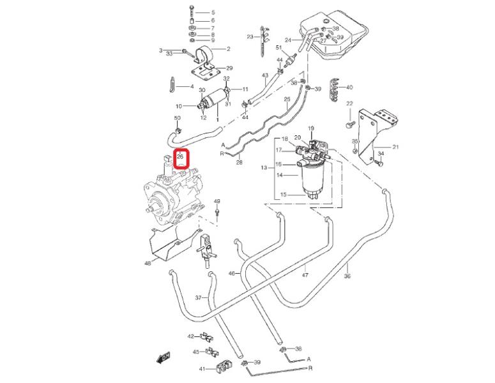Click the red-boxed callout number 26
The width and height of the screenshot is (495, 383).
click(x=180, y=156)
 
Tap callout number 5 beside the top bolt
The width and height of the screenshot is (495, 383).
click(x=213, y=12)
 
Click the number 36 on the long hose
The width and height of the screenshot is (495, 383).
click(x=347, y=276)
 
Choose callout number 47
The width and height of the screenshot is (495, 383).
click(x=305, y=275)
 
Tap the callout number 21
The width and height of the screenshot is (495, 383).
click(x=395, y=147)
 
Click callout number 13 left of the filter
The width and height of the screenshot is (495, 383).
click(x=263, y=168)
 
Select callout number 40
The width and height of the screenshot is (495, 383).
click(x=349, y=87)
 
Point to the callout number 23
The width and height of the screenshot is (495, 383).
click(x=250, y=36)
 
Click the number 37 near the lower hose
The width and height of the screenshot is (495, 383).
click(x=198, y=298)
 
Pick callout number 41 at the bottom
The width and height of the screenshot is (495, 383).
click(x=202, y=370)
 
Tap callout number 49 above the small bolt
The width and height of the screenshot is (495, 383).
click(x=217, y=201)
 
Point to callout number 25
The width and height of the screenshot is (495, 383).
click(x=287, y=99)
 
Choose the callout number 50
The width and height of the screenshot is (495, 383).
click(x=177, y=119)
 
